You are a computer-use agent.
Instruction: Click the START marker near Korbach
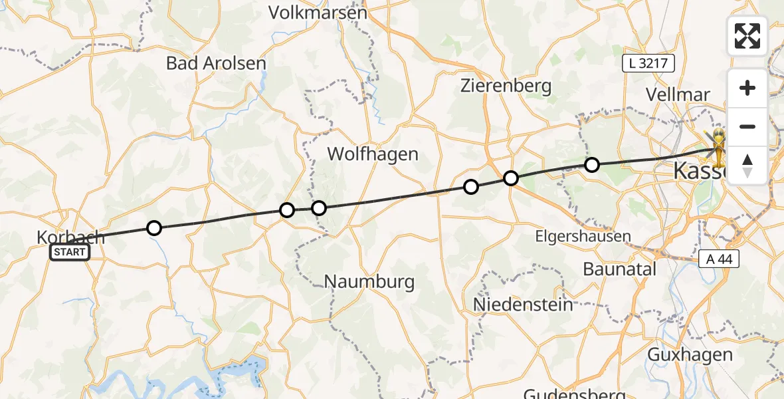click(x=70, y=252)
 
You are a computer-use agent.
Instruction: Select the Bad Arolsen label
click(x=216, y=63)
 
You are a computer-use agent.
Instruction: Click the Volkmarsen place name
click(x=318, y=12)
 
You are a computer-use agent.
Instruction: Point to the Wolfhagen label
click(x=373, y=154)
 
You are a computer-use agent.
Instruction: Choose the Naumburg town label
click(x=369, y=281)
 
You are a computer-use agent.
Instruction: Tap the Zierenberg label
click(x=506, y=85)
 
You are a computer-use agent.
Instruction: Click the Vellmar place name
click(x=678, y=94)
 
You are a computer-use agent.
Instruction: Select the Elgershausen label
click(x=583, y=236)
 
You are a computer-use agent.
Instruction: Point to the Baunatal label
click(x=619, y=269)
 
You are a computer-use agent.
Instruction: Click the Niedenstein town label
click(x=523, y=304)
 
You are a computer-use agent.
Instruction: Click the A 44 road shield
click(x=719, y=259)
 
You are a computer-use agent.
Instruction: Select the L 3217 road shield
click(x=648, y=64)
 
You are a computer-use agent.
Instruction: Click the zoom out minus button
click(x=747, y=126)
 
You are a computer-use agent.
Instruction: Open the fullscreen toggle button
click(x=747, y=36)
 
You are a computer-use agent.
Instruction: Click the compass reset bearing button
click(x=747, y=165)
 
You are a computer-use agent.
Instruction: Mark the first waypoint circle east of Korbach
click(x=153, y=228)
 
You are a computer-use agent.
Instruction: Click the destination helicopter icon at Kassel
click(x=719, y=144)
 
